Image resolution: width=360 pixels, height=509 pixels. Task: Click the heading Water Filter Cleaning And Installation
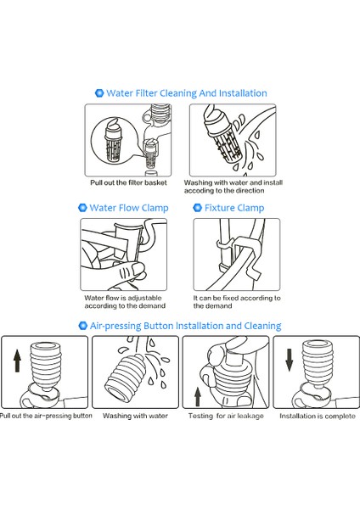[187, 93]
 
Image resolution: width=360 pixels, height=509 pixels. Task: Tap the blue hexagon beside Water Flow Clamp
[83, 208]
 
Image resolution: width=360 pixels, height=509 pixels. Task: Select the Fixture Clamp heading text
[234, 208]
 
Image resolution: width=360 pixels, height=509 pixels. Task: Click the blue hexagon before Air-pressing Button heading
[83, 325]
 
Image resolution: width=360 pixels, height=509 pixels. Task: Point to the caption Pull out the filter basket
[128, 182]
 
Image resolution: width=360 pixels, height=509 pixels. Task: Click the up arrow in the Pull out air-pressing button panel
[17, 361]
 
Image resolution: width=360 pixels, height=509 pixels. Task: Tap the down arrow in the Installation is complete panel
[290, 360]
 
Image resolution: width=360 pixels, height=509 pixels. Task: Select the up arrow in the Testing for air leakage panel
[198, 397]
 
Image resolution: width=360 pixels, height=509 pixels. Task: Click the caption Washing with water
[135, 416]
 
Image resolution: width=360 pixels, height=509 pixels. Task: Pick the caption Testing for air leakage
[226, 416]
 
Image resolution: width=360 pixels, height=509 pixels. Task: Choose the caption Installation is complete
[318, 416]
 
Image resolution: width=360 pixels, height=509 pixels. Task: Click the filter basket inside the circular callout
[113, 140]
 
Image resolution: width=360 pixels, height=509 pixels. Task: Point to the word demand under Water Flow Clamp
[152, 305]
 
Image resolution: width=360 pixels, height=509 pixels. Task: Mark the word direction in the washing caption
[250, 191]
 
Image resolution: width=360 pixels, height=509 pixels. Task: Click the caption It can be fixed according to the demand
[237, 302]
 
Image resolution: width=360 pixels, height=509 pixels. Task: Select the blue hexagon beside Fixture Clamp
[198, 208]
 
